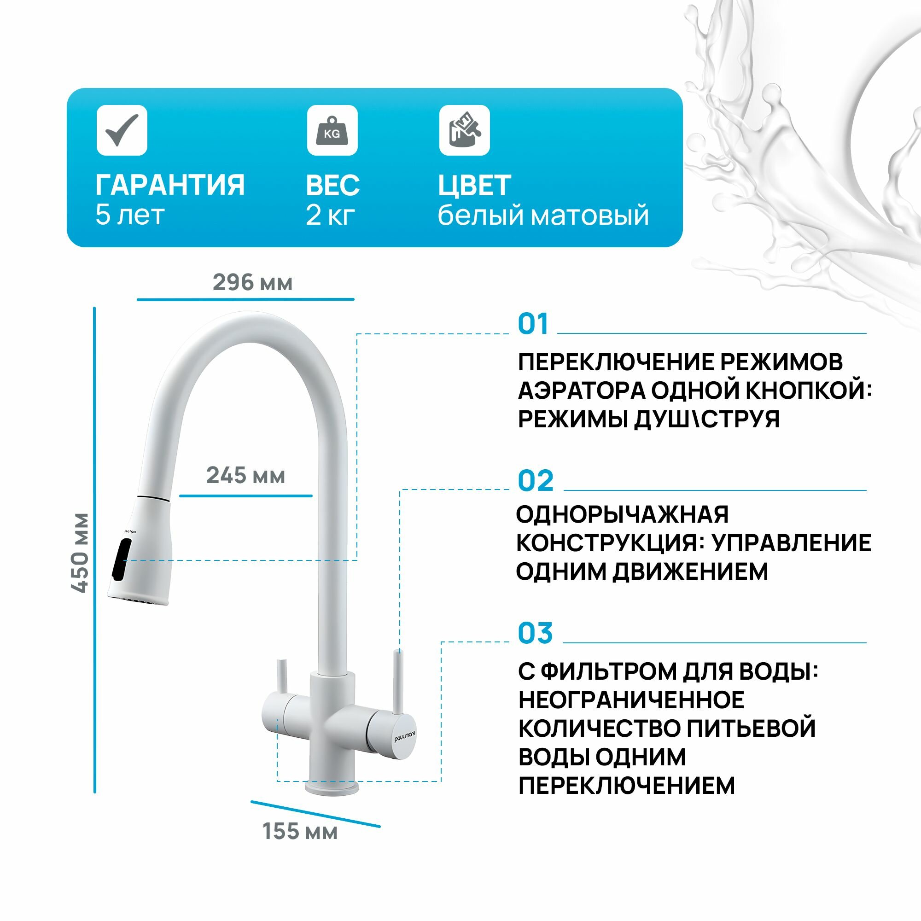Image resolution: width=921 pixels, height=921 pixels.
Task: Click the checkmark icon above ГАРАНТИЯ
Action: point(122,130)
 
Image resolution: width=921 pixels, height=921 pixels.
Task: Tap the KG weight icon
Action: point(332,130)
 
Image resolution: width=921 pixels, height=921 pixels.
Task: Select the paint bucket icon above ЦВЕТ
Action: point(464,130)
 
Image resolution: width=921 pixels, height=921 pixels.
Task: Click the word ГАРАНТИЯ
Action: point(170,185)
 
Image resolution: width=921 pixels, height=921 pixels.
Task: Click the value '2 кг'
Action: point(330,215)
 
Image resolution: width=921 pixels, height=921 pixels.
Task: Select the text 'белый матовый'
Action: point(543,216)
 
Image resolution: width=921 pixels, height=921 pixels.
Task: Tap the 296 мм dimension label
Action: point(252,282)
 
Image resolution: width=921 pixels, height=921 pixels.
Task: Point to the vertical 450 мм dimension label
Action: point(80,553)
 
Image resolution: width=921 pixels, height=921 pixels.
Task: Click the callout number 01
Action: point(533,324)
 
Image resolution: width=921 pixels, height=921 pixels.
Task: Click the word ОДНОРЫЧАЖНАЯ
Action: point(623,514)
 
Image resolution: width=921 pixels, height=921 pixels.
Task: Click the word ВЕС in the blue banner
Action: point(333,185)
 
